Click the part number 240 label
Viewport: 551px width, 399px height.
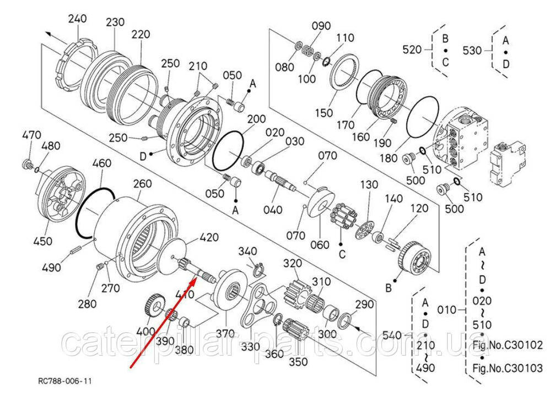pyautogui.click(x=78, y=19)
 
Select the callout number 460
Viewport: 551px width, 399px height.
pyautogui.click(x=101, y=163)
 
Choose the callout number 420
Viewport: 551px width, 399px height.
pyautogui.click(x=209, y=237)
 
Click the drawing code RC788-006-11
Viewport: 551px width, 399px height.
pyautogui.click(x=65, y=381)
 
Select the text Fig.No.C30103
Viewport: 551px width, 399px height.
pyautogui.click(x=507, y=368)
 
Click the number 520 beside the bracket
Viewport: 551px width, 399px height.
pyautogui.click(x=412, y=50)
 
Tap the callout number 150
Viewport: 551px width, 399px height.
pyautogui.click(x=324, y=113)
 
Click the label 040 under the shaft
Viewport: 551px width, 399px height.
pyautogui.click(x=273, y=209)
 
